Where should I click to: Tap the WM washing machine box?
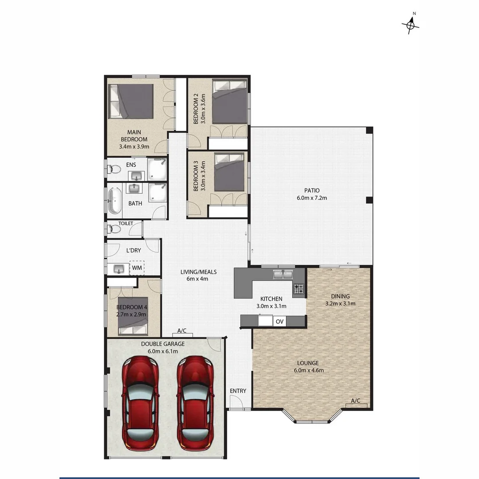pos(137,268)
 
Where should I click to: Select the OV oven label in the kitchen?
pos(279,321)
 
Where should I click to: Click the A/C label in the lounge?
pos(355,401)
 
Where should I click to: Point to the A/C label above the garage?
pos(182,331)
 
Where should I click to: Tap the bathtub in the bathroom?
pos(114,201)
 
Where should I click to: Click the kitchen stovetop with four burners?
pos(299,289)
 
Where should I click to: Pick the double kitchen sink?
pos(282,275)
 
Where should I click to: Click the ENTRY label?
pos(238,391)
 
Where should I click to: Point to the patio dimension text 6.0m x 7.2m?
pos(312,198)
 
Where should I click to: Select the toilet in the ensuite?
pos(114,169)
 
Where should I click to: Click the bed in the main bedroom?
pos(131,101)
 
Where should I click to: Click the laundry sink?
pos(118,268)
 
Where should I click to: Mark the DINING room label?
pos(340,296)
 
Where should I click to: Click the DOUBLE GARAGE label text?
pos(163,344)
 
